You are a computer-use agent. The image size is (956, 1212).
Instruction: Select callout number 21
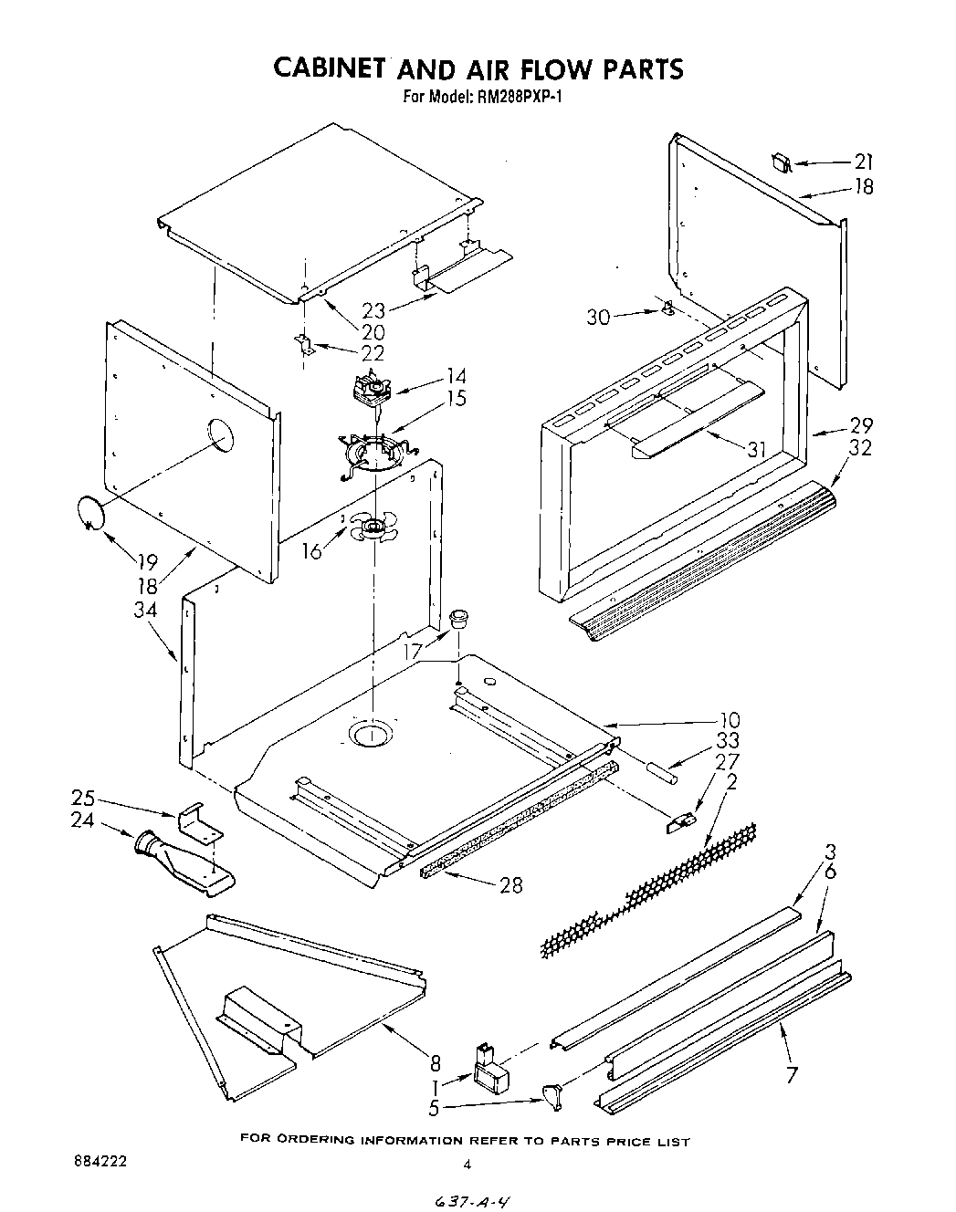point(863,162)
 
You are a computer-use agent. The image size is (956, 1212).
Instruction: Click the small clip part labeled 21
point(781,161)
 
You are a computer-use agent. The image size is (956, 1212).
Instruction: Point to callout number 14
point(455,376)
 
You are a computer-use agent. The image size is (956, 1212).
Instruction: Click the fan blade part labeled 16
point(373,528)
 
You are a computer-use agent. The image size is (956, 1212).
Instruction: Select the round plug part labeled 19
point(89,513)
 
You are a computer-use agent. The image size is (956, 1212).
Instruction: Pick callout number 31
point(755,449)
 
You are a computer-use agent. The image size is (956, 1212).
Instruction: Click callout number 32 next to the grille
point(860,447)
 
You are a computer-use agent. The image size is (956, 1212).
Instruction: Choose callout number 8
point(436,1062)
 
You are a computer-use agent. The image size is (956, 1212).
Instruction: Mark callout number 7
point(792,1074)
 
